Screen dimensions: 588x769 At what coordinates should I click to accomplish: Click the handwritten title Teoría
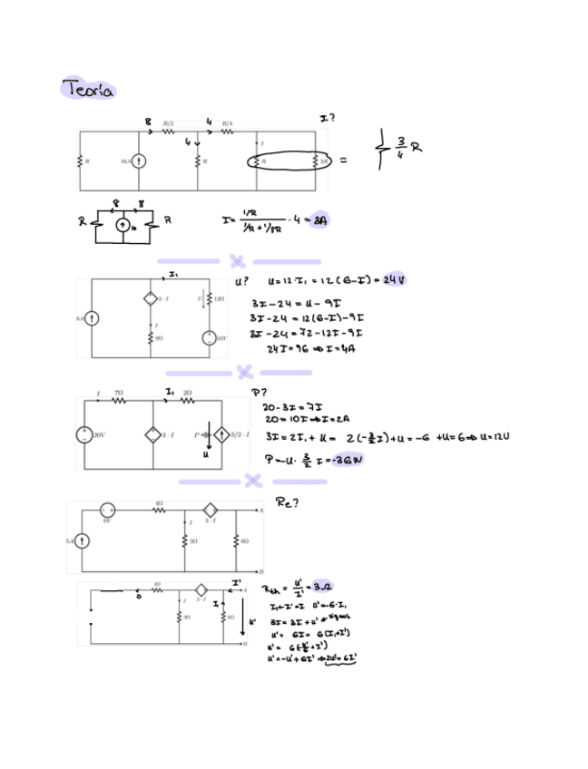pyautogui.click(x=88, y=89)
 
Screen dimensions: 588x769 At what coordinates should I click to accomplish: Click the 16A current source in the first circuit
pyautogui.click(x=141, y=161)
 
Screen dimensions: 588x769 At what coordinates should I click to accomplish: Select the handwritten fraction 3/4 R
pyautogui.click(x=401, y=151)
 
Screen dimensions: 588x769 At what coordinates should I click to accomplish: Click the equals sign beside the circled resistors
pyautogui.click(x=343, y=161)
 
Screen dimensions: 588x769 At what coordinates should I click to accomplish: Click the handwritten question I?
pyautogui.click(x=328, y=119)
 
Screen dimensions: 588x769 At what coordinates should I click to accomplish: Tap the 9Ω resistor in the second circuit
pyautogui.click(x=150, y=337)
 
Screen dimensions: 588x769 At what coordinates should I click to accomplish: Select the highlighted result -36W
pyautogui.click(x=348, y=459)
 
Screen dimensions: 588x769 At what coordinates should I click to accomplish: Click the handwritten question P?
pyautogui.click(x=259, y=392)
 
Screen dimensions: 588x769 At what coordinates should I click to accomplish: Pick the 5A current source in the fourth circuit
pyautogui.click(x=81, y=541)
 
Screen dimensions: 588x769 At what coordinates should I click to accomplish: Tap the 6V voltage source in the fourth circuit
pyautogui.click(x=105, y=509)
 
